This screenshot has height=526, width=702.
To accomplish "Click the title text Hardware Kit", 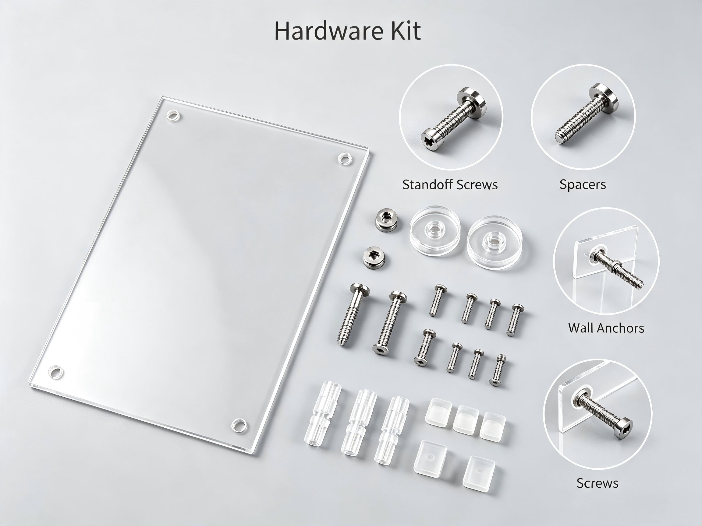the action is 348,31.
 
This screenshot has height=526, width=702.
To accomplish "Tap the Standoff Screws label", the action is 450,184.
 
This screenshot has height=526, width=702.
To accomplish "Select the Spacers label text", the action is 583,184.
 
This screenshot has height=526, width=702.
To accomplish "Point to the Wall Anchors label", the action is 606,328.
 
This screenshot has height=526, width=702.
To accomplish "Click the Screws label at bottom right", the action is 597,483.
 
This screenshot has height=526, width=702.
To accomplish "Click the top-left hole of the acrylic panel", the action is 173,116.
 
